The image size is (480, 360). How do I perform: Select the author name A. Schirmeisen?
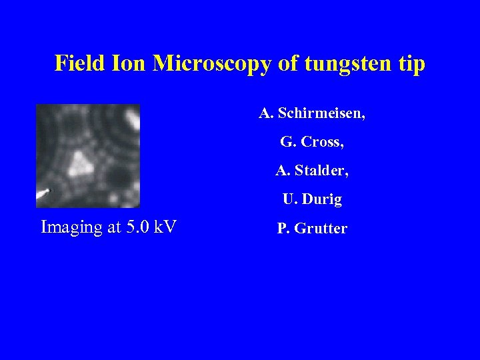pos(312,113)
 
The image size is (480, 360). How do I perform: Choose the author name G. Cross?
pos(312,142)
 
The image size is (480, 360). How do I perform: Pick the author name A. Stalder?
pos(312,171)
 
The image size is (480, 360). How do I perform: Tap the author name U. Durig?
pos(312,199)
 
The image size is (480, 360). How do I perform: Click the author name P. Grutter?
pos(312,229)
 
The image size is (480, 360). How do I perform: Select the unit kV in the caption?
pos(165,227)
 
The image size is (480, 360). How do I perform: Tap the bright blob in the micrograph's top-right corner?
pos(132,119)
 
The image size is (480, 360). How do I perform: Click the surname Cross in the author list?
pos(323,142)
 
